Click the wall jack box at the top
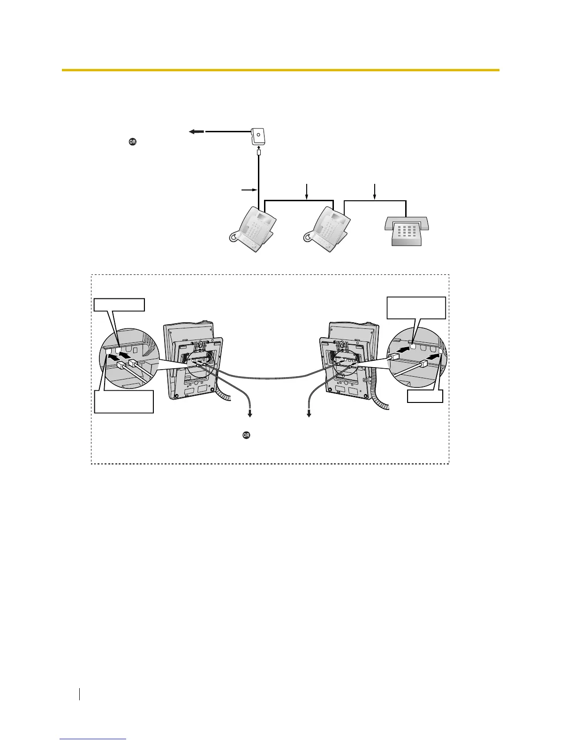(x=258, y=136)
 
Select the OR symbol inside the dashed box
(x=246, y=435)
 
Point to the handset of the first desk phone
(x=237, y=237)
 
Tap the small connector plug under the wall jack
(x=258, y=152)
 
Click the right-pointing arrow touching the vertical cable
(x=248, y=190)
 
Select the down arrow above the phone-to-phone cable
(x=307, y=191)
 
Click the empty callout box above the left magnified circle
(x=120, y=305)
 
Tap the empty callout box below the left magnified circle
(x=124, y=401)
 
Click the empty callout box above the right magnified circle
(x=416, y=307)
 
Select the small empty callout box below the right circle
(x=425, y=396)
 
